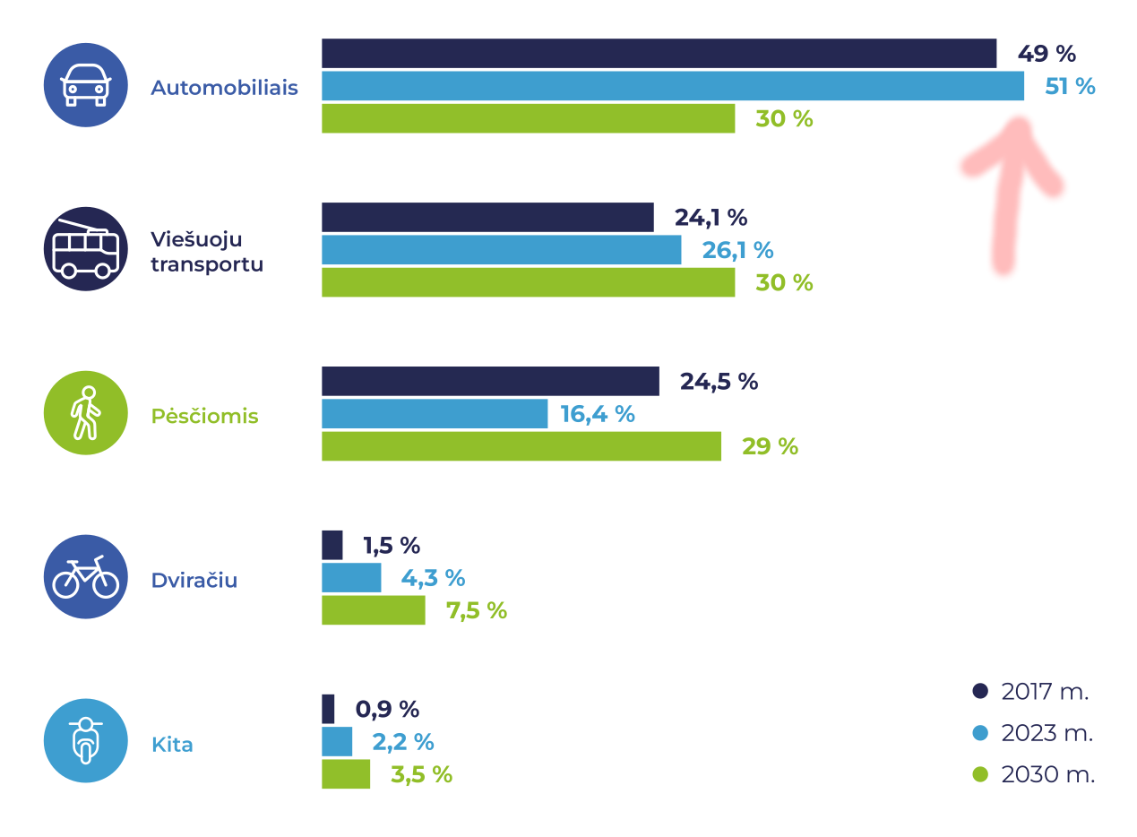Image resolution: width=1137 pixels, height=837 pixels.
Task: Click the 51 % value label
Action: tap(1069, 87)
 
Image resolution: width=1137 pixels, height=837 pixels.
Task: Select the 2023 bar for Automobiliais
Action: tap(672, 86)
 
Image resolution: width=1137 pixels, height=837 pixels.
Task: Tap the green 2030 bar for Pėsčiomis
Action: tap(521, 446)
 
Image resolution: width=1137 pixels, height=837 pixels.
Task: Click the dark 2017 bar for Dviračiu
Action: tap(332, 545)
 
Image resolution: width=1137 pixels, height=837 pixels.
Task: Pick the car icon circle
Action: tap(86, 85)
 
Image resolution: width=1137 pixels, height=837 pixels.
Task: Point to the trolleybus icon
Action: tap(86, 249)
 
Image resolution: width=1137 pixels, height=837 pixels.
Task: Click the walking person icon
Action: tap(86, 413)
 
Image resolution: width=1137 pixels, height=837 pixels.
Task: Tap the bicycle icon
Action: tap(86, 577)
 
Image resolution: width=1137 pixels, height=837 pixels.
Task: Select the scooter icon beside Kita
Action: tap(86, 741)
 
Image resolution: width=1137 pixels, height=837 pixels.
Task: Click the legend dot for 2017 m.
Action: tap(979, 691)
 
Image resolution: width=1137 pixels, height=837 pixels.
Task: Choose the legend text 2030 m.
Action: tap(1047, 775)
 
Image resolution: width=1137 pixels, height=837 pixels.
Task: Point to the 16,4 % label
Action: tap(597, 414)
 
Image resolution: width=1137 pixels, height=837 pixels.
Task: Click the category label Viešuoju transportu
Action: tap(206, 252)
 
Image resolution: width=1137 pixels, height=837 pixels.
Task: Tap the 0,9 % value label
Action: tap(387, 710)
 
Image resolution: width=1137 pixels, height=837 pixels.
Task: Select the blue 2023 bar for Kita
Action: tap(337, 742)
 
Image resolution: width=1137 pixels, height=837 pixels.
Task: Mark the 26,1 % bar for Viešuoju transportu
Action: tap(501, 250)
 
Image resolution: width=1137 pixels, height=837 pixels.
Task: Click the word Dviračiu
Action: tap(194, 580)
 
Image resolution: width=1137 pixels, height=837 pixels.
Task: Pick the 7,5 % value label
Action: tap(476, 611)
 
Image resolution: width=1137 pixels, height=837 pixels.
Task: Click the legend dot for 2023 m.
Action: tap(979, 733)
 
